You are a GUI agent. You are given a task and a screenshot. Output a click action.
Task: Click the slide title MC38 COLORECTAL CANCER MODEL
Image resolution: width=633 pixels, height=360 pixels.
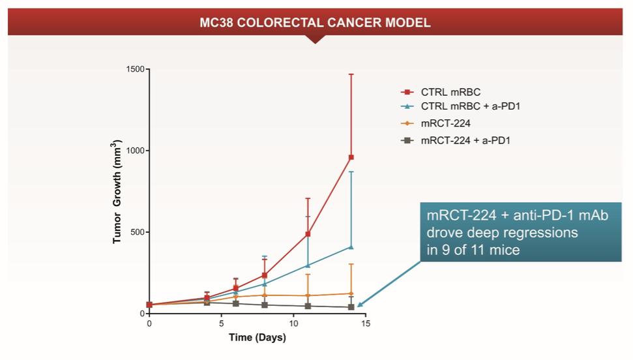pos(315,23)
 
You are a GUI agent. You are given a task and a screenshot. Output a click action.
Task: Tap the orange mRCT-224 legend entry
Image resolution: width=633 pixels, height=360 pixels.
pos(446,123)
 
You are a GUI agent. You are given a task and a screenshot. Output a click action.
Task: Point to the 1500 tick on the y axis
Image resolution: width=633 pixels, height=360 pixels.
pos(135,69)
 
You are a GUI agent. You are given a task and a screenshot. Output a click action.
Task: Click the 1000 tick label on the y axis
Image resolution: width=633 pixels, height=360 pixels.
pos(135,151)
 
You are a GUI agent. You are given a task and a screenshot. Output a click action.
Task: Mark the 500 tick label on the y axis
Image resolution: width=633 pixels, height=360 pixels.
pos(137,232)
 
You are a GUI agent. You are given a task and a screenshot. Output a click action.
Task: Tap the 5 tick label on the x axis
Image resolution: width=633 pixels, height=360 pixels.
pos(221,323)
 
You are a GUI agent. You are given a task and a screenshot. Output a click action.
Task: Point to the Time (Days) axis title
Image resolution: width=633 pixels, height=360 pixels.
pos(257,338)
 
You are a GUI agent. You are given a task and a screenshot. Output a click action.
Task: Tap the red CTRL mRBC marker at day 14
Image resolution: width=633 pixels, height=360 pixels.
pos(351,157)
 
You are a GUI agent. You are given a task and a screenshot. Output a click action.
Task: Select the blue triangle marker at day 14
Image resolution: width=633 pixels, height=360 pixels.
pos(351,247)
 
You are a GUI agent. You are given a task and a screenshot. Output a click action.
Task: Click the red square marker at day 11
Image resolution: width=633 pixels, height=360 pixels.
pos(308,234)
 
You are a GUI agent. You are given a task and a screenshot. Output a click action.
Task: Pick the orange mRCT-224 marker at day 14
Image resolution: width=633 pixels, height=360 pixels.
pos(351,293)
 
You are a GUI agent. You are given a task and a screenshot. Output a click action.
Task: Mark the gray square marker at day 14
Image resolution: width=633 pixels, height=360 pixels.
pos(351,307)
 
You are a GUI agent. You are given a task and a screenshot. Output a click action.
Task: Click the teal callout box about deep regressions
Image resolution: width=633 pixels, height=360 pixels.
pos(520,232)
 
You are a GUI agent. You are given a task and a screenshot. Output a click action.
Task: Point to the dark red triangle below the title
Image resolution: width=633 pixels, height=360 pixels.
pos(316,39)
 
